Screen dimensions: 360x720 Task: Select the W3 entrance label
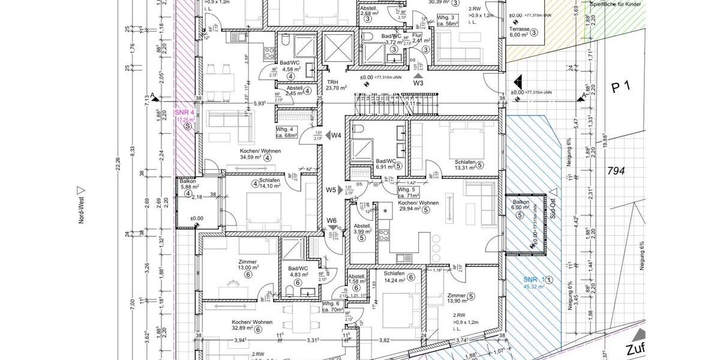click(418, 83)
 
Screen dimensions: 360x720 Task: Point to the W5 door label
click(331, 190)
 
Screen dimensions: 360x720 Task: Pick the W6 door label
click(332, 220)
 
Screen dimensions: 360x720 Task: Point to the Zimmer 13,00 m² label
click(247, 265)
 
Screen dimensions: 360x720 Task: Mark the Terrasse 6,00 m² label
click(520, 31)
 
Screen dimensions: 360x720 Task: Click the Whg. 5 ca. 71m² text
click(409, 193)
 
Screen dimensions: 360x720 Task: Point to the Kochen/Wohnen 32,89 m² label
click(247, 325)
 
